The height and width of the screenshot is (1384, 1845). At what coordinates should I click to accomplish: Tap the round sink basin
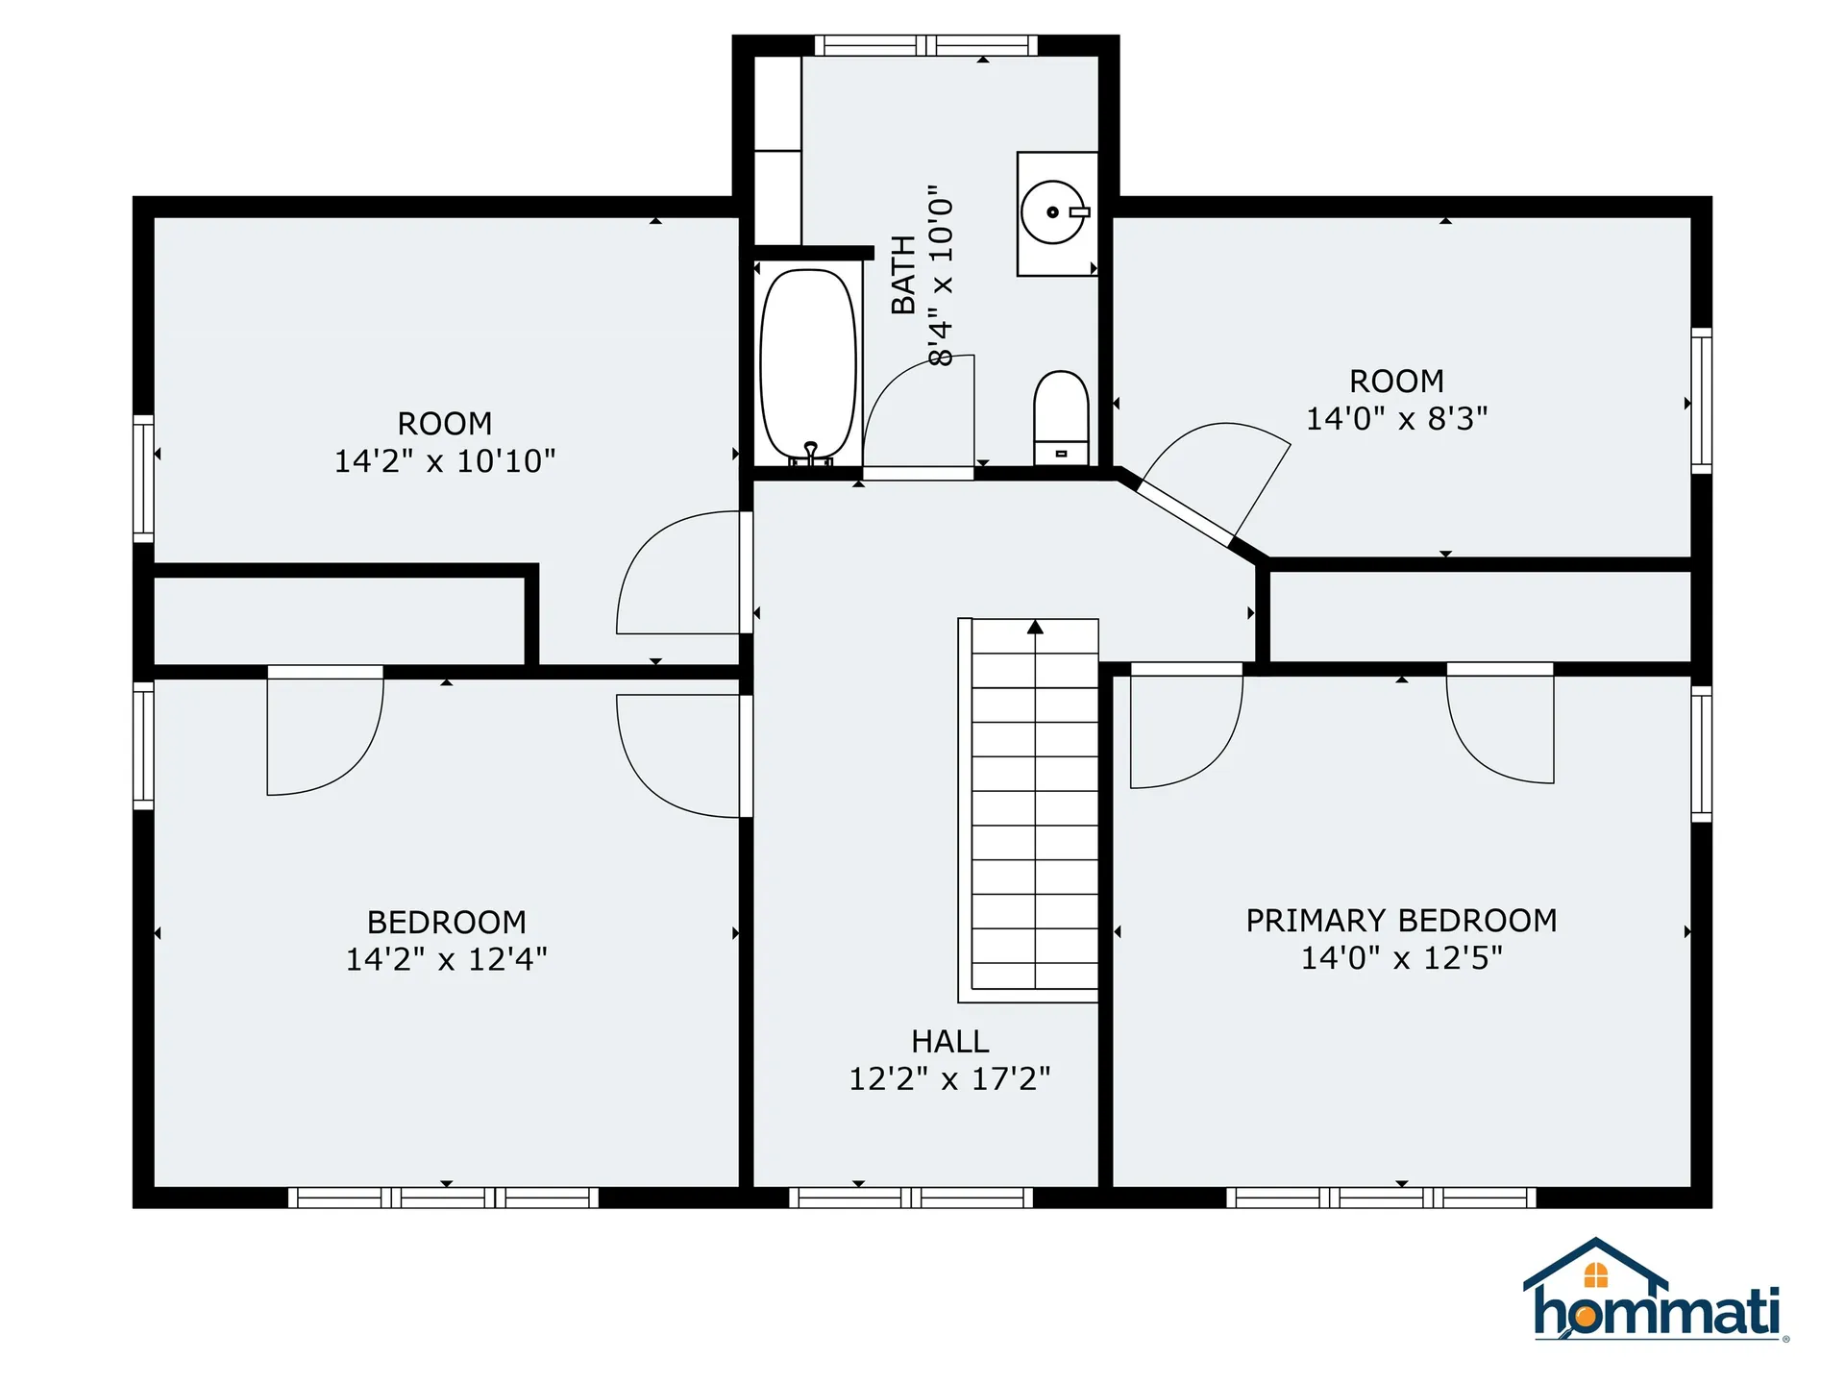pyautogui.click(x=1052, y=211)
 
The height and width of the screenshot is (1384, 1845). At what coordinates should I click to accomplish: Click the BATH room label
pyautogui.click(x=903, y=275)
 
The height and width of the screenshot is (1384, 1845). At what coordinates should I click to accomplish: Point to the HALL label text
pyautogui.click(x=949, y=1042)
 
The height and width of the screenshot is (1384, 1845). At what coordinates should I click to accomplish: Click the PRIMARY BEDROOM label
pyautogui.click(x=1401, y=921)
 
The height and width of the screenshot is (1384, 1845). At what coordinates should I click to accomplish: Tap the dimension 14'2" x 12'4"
pyautogui.click(x=446, y=959)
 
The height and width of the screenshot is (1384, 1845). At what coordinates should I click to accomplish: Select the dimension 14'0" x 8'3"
pyautogui.click(x=1396, y=419)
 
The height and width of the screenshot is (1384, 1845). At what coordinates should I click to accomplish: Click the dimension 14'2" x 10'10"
pyautogui.click(x=444, y=461)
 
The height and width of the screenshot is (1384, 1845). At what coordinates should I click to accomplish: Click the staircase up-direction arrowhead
pyautogui.click(x=1035, y=628)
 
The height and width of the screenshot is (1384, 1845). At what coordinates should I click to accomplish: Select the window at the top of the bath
pyautogui.click(x=926, y=45)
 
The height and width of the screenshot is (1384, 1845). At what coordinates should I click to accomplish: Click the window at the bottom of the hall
pyautogui.click(x=911, y=1198)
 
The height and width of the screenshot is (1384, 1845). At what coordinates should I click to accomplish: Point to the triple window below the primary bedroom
pyautogui.click(x=1381, y=1198)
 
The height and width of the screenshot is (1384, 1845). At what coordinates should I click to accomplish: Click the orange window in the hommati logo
pyautogui.click(x=1595, y=1275)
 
